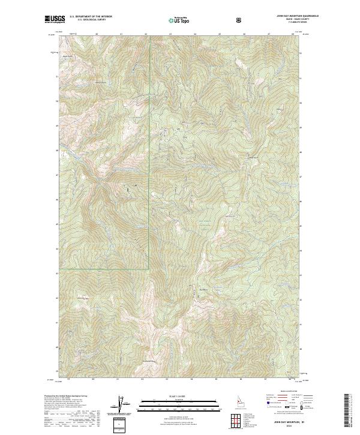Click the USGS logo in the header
(53, 19)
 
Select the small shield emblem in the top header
(240, 20)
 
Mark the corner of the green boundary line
(149, 269)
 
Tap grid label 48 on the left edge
(57, 151)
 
